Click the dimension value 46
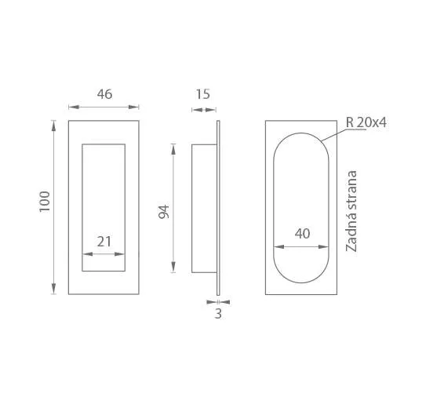pos(104,94)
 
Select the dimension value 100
pos(45,202)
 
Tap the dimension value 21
pos(104,242)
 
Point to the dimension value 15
pos(203,94)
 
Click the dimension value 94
pos(163,212)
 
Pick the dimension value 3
pos(218,314)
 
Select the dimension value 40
pos(302,233)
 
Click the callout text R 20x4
pos(366,122)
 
